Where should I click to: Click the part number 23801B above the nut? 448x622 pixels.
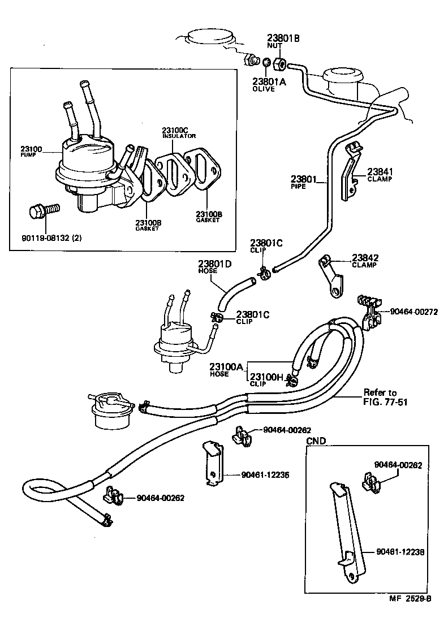(x=283, y=38)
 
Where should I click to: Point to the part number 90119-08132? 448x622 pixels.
(x=50, y=237)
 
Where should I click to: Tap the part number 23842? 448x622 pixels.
(x=365, y=257)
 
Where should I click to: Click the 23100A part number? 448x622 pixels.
(x=226, y=368)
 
